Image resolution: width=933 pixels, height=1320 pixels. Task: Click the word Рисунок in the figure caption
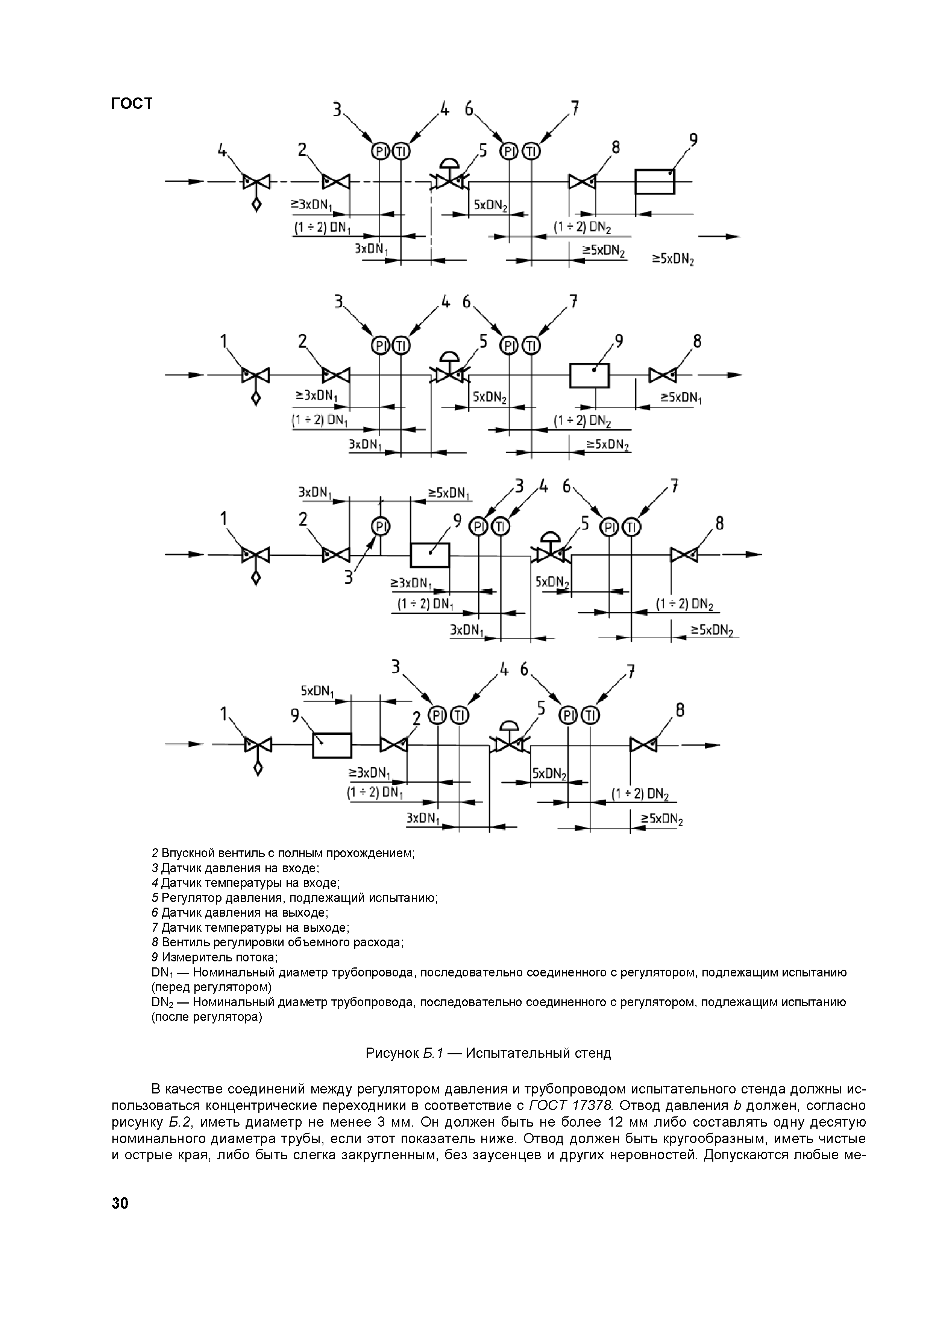pos(392,1053)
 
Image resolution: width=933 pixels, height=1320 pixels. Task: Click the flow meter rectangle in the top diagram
pos(654,182)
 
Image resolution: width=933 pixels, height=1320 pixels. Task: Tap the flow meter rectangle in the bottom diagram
pos(331,746)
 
